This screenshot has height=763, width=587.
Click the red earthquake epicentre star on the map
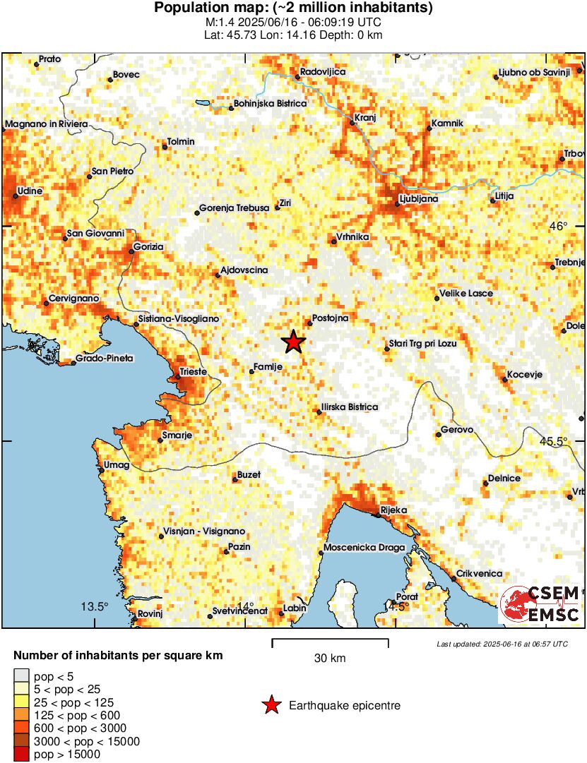[x=293, y=342]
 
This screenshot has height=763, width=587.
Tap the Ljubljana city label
[x=419, y=199]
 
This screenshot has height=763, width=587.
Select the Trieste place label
[x=193, y=371]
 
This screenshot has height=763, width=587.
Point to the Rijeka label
[x=393, y=510]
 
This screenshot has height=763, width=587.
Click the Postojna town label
[x=331, y=318]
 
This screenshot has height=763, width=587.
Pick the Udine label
[x=30, y=191]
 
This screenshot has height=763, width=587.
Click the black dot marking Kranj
[x=352, y=123]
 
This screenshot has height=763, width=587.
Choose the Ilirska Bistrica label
[x=350, y=407]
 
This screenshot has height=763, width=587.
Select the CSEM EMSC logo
[x=540, y=604]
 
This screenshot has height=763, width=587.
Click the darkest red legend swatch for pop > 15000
[x=22, y=755]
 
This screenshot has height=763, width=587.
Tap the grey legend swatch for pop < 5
[x=22, y=675]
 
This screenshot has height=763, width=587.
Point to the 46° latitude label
[x=558, y=227]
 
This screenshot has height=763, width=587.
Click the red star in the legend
[x=271, y=705]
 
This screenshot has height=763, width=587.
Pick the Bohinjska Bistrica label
[x=270, y=104]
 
